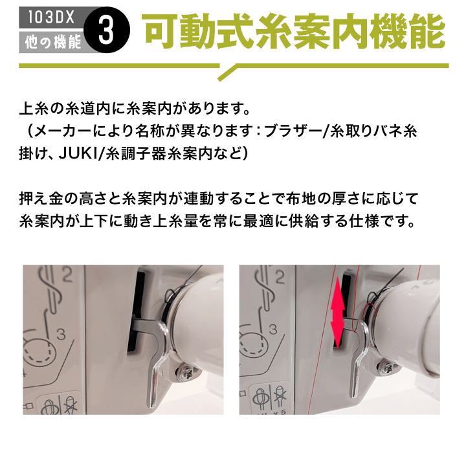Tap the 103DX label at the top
pos(51,17)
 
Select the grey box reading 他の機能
pos(51,43)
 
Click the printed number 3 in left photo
pos(60,334)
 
